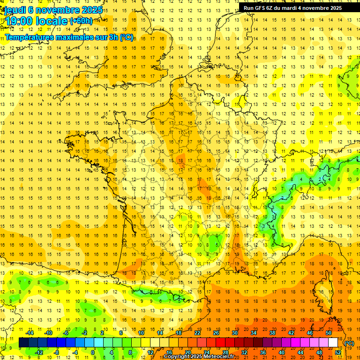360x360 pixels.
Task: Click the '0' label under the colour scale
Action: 93,352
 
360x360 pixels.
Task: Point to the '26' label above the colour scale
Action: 216,333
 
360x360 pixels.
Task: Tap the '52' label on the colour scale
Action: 338,352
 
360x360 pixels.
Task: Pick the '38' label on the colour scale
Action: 272,333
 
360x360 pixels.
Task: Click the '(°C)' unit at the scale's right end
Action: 349,343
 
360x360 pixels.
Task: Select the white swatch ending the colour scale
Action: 333,343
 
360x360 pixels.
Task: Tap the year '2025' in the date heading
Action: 89,10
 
